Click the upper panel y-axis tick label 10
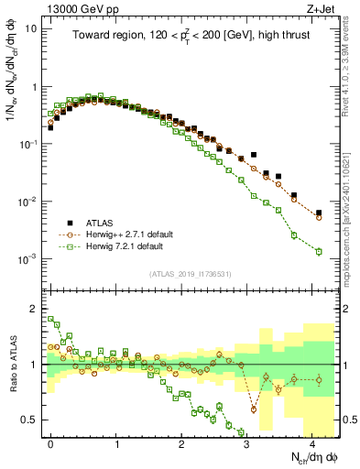coord(31,28)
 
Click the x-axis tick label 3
coord(247,442)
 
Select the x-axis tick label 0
coord(50,442)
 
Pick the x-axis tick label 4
coord(313,442)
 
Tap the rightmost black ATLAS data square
coord(319,213)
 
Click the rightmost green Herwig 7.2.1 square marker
coord(319,251)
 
